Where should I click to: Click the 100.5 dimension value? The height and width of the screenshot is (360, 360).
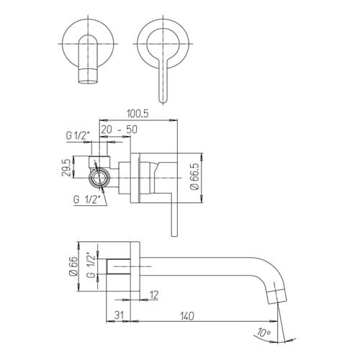[x=138, y=114]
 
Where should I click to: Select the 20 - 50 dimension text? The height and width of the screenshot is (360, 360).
[x=119, y=130]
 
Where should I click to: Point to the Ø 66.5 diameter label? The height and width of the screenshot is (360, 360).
[x=195, y=176]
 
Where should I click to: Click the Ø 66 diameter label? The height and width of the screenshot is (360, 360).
[x=74, y=266]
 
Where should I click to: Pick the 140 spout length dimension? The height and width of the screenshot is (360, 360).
[x=186, y=316]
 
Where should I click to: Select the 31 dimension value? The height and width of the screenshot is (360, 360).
[x=119, y=315]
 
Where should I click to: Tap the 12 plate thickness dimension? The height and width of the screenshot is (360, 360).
[x=154, y=295]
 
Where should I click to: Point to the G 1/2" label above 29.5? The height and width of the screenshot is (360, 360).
[x=78, y=136]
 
